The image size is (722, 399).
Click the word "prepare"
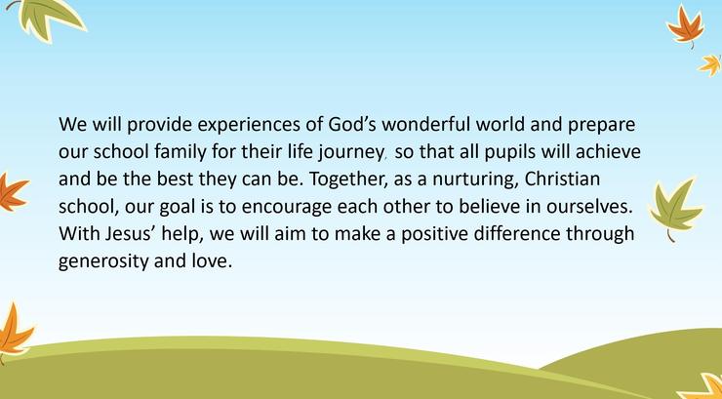click(601, 126)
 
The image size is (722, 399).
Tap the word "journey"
click(350, 153)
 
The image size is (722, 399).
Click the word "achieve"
click(608, 151)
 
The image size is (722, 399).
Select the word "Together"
click(347, 180)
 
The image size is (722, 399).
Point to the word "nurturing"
click(475, 180)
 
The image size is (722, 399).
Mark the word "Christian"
click(562, 179)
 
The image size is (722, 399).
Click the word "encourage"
click(287, 208)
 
